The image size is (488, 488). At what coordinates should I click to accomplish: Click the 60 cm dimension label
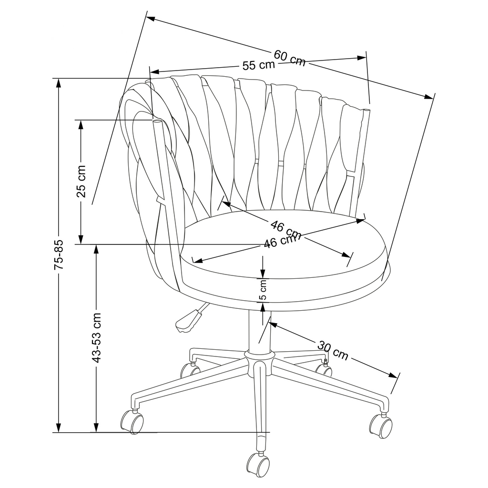tap(290, 58)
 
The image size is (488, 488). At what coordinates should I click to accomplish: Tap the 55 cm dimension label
tap(259, 65)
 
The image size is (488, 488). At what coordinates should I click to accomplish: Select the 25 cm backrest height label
tap(81, 181)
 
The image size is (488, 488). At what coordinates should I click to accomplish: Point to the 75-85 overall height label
tap(59, 255)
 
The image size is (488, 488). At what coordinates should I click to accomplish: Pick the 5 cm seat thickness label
tap(263, 291)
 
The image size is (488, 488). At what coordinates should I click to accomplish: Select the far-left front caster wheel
tap(132, 421)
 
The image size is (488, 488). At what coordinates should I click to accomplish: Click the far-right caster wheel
tap(381, 425)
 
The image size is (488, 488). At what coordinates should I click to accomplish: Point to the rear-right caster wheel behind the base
tap(324, 369)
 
